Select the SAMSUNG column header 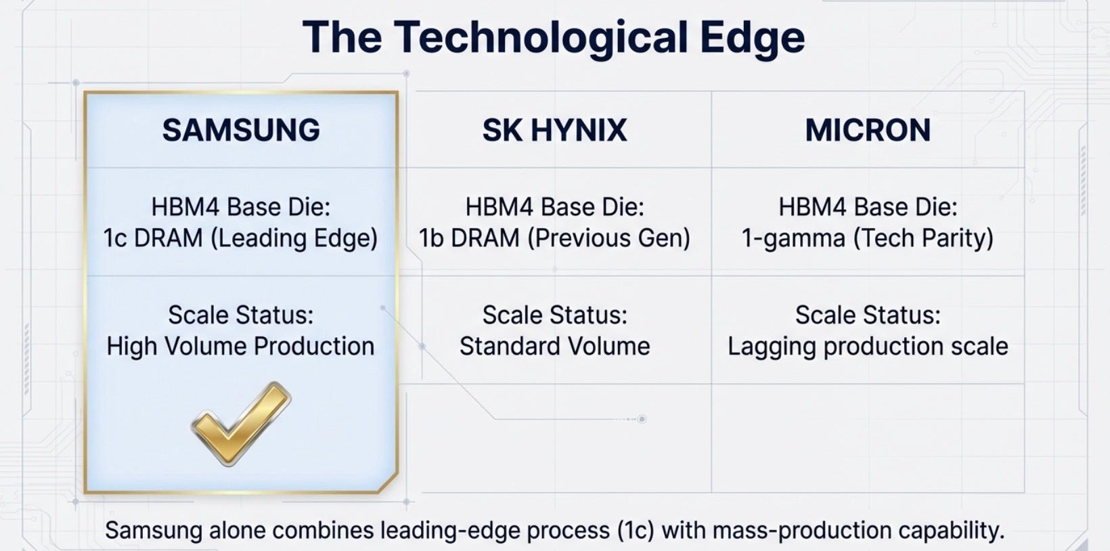pos(241,130)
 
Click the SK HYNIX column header pos(554,130)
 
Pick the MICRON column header pos(868,130)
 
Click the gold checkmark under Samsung pos(241,424)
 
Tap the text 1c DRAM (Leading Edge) pos(240,238)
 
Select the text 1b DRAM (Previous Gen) pos(554,238)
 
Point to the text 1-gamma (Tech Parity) pos(868,238)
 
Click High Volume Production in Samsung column pos(240,346)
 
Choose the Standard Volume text pos(554,346)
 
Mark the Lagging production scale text pos(868,347)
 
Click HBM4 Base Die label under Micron pos(868,206)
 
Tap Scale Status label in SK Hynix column pos(554,315)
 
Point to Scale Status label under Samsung pos(241,315)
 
